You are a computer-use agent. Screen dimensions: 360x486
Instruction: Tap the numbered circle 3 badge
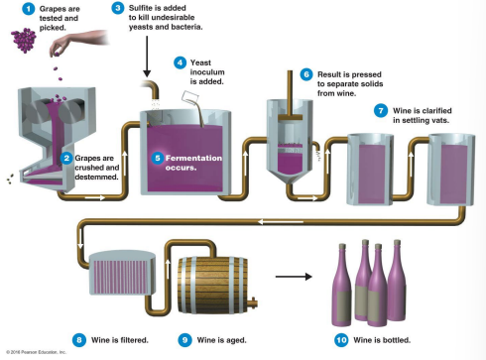pyautogui.click(x=118, y=9)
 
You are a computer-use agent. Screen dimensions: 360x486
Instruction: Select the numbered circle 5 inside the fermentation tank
pyautogui.click(x=158, y=158)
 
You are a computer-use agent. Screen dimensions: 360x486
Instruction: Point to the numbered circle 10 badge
pyautogui.click(x=341, y=339)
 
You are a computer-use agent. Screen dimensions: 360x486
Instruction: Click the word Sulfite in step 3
pyautogui.click(x=144, y=9)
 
